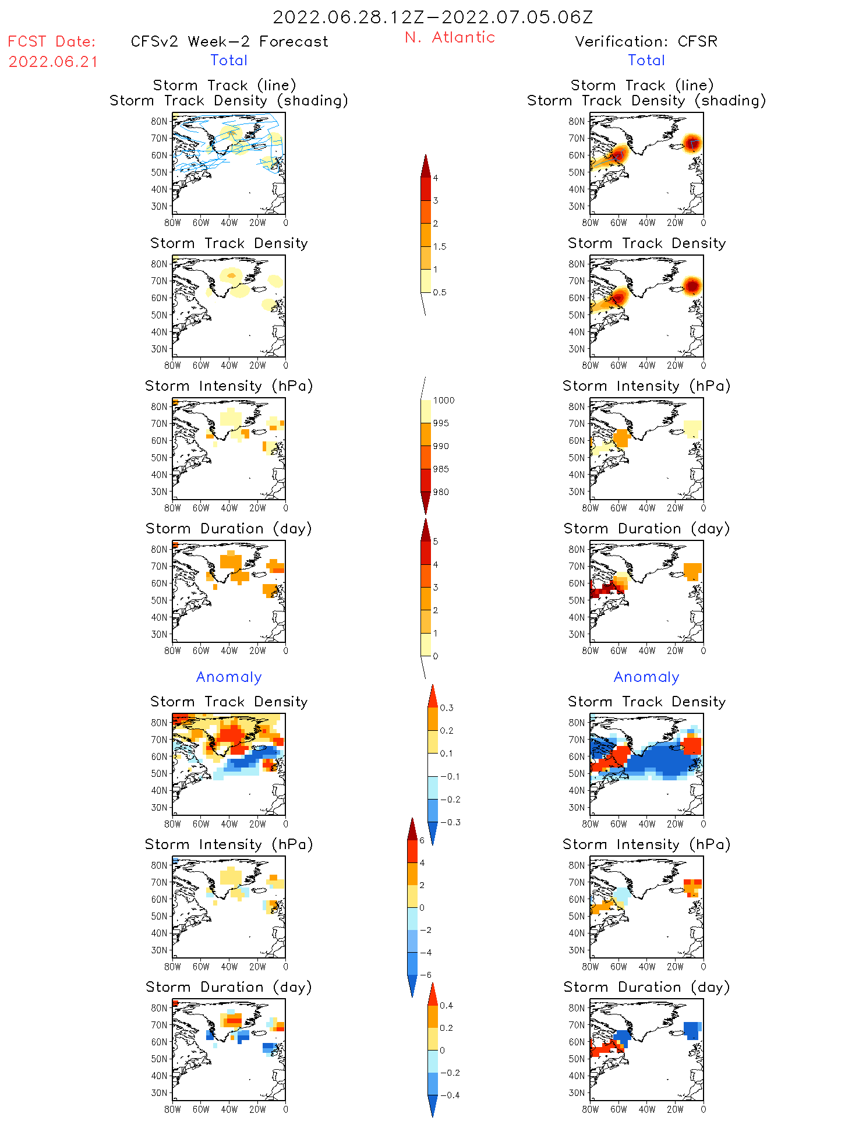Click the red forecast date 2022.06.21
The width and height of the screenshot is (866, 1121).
coord(53,62)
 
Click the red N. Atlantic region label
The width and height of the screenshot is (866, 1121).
coord(450,38)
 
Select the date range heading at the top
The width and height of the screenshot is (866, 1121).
coord(433,17)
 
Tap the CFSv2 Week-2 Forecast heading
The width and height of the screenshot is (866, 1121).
coord(229,42)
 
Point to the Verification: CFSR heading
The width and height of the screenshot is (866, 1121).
coord(646,42)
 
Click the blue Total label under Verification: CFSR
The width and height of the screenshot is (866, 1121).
coord(646,61)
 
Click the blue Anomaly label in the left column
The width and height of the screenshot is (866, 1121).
coord(229,677)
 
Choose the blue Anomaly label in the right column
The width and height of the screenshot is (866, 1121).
coord(646,677)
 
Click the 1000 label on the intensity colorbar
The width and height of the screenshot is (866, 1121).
coord(444,401)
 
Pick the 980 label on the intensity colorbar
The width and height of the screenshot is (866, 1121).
coord(441,492)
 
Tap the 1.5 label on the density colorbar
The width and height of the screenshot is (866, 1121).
coord(440,247)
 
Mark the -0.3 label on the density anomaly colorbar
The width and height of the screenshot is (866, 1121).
coord(450,823)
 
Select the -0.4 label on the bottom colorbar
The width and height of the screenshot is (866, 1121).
coord(449,1095)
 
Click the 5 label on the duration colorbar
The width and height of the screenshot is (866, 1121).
coord(436,542)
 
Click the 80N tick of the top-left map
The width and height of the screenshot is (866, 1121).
coord(159,122)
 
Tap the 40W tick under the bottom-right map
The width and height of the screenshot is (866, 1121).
coord(646,1109)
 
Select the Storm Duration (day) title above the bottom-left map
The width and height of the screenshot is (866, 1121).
coord(229,987)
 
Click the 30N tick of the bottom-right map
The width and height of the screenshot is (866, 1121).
coord(577,1092)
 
